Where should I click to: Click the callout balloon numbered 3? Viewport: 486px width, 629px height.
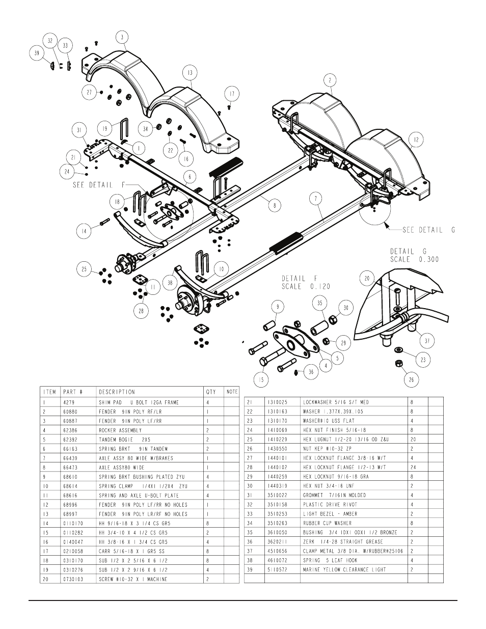(122, 37)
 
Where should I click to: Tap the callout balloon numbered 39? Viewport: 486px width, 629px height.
(37, 53)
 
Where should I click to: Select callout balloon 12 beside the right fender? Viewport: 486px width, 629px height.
(416, 140)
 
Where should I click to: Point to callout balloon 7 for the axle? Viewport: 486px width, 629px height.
(316, 199)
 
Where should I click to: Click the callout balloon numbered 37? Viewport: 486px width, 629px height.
(427, 341)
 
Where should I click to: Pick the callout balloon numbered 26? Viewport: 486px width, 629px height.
(411, 379)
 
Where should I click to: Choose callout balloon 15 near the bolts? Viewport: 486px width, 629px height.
(261, 379)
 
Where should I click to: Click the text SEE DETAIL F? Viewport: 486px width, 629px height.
(99, 185)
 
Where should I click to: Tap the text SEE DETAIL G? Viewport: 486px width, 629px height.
(428, 230)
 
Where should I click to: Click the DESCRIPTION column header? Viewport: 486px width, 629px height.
(117, 392)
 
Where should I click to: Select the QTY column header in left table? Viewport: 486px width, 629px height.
(211, 392)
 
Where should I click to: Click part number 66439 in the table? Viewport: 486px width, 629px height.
(70, 458)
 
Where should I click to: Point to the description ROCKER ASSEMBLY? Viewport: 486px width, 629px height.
(120, 430)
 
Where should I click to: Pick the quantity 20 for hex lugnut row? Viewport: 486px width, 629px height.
(413, 440)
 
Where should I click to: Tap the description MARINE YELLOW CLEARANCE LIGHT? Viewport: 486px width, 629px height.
(344, 569)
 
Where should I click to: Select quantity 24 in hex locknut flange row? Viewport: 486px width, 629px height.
(413, 467)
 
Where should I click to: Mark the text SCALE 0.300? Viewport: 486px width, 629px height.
(414, 259)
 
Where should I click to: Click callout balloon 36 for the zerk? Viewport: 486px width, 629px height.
(311, 372)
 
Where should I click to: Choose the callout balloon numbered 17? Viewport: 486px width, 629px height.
(232, 94)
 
